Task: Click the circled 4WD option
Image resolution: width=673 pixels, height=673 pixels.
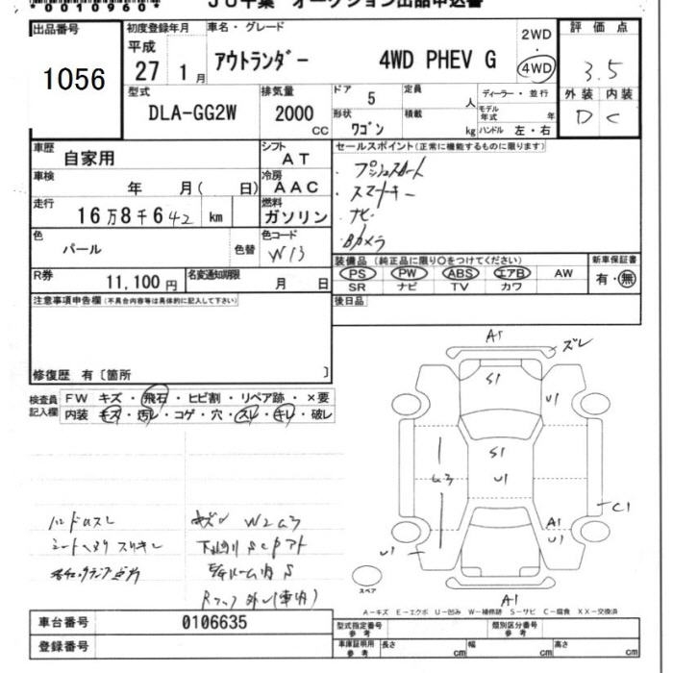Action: (x=535, y=68)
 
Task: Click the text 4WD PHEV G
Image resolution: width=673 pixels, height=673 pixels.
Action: (x=438, y=60)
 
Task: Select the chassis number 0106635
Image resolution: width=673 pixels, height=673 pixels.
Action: (x=213, y=622)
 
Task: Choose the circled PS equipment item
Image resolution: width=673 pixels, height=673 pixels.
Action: (x=357, y=273)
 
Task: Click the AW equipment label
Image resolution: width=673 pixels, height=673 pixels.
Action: (x=563, y=273)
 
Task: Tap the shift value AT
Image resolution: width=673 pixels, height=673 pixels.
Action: (x=295, y=160)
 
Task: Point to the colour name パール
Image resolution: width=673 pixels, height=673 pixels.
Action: (x=82, y=248)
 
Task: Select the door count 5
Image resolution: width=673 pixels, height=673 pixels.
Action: (x=371, y=97)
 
